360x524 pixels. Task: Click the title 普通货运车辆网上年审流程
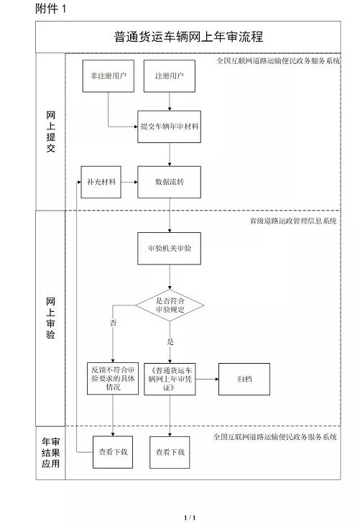click(x=189, y=37)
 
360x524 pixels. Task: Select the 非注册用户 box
click(x=109, y=76)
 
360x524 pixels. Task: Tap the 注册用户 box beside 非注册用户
click(x=170, y=76)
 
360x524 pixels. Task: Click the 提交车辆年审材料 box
click(x=170, y=127)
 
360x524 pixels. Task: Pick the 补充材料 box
click(x=101, y=182)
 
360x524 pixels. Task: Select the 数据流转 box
click(x=170, y=182)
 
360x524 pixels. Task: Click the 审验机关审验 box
click(x=170, y=248)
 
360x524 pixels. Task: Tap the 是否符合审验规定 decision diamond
click(x=170, y=305)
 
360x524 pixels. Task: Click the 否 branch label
click(x=114, y=323)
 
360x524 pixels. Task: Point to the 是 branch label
click(x=170, y=342)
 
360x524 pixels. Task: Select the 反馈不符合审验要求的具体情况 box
click(x=113, y=379)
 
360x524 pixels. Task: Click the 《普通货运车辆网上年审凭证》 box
click(x=170, y=379)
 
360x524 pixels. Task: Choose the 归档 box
click(x=244, y=379)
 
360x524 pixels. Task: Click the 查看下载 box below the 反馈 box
click(x=113, y=452)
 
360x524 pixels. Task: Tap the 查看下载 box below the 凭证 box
click(x=170, y=453)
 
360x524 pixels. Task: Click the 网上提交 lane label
click(x=50, y=132)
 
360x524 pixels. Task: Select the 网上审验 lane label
click(x=50, y=318)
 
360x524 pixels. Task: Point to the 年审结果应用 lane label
click(x=51, y=453)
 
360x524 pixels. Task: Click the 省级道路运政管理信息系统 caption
click(x=293, y=221)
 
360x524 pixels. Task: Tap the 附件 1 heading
click(x=51, y=9)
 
